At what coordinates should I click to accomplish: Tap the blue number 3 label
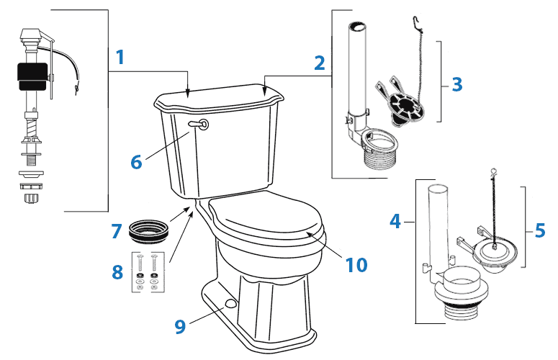coord(457,84)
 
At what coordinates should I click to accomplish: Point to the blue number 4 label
coord(395,220)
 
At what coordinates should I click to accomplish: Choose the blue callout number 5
coord(540,230)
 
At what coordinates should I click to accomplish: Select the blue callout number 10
coord(356,264)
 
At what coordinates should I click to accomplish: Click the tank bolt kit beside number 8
coord(147,271)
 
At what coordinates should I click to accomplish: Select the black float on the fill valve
coord(30,74)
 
